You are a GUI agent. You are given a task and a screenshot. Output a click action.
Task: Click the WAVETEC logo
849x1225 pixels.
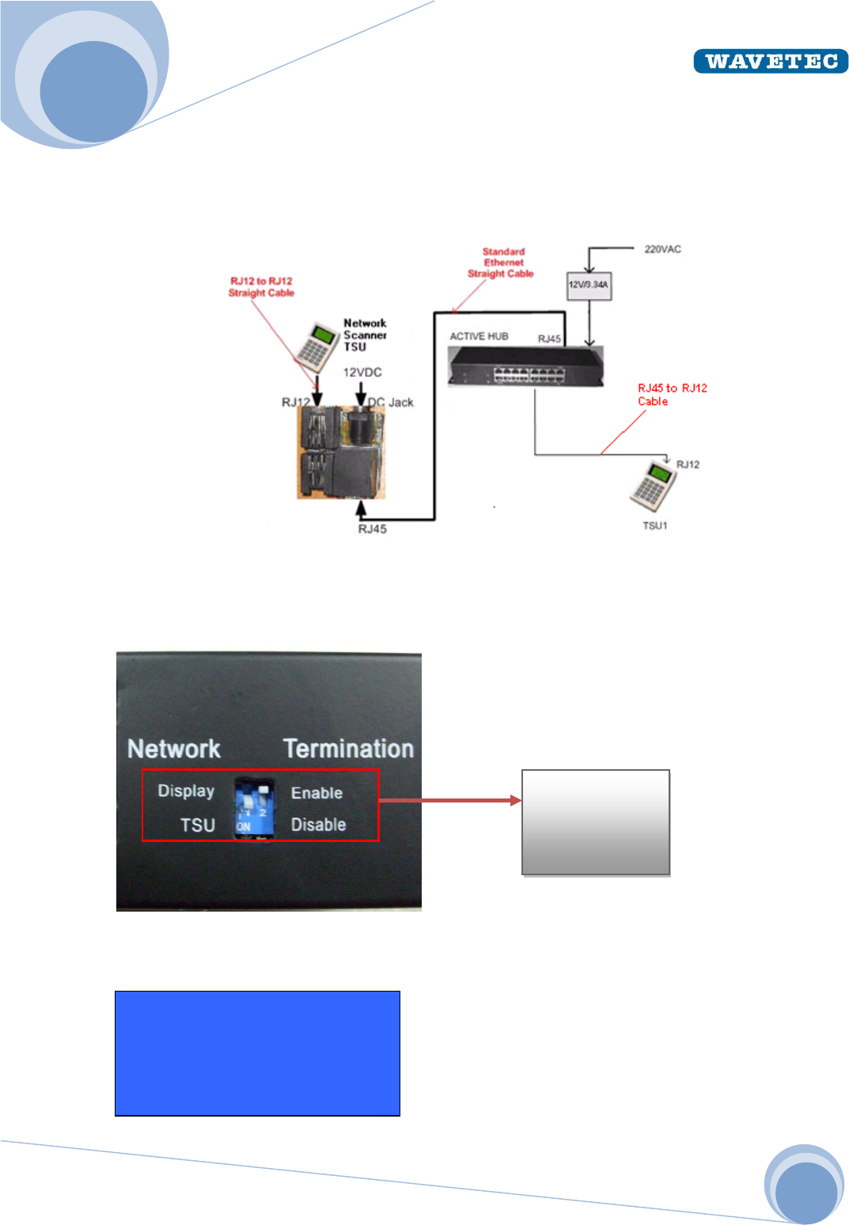click(x=770, y=61)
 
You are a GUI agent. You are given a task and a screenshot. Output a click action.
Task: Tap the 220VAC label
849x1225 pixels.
click(x=662, y=249)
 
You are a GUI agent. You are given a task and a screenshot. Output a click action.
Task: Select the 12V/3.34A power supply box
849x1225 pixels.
click(x=589, y=285)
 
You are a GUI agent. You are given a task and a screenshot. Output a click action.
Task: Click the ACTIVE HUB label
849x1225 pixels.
click(x=479, y=336)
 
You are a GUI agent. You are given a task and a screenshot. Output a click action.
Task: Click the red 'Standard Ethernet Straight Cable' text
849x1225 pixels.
click(x=502, y=263)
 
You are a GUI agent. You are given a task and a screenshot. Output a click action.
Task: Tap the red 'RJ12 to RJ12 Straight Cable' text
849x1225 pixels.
click(x=261, y=287)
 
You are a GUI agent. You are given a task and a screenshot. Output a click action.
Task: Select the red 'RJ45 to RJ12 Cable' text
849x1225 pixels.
click(x=672, y=394)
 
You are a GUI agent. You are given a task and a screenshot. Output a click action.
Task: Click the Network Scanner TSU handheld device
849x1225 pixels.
click(x=317, y=346)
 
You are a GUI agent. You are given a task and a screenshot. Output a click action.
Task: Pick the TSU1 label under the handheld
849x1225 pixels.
click(x=654, y=525)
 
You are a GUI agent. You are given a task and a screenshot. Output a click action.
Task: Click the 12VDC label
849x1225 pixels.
click(x=362, y=372)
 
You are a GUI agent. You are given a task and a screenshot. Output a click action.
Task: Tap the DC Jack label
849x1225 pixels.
click(x=393, y=402)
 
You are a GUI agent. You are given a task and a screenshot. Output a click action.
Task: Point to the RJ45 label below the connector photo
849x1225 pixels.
click(x=372, y=529)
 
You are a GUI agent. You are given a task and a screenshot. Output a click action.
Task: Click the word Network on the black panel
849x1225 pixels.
click(x=174, y=749)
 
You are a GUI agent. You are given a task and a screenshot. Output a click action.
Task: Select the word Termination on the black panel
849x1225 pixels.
click(x=348, y=749)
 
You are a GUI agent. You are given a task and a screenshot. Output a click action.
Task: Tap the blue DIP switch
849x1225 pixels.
click(x=254, y=808)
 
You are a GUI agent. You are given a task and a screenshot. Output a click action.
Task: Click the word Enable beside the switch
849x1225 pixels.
click(x=316, y=793)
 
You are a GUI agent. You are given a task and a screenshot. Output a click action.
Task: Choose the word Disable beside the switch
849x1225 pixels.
click(x=318, y=825)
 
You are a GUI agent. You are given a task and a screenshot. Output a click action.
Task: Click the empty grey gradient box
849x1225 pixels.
click(x=596, y=822)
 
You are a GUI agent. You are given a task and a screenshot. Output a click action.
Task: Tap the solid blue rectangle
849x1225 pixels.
click(x=257, y=1053)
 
